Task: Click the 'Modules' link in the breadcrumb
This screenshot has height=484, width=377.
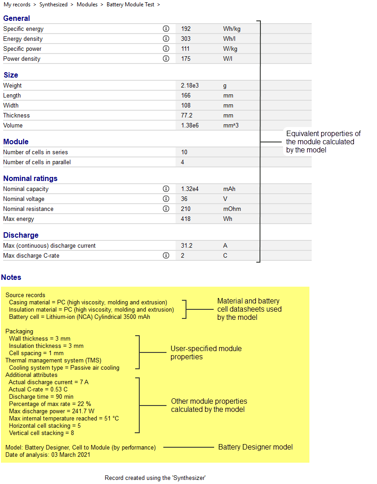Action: pos(87,5)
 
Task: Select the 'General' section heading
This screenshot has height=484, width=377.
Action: pos(16,19)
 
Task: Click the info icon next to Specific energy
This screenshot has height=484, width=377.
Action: pos(166,29)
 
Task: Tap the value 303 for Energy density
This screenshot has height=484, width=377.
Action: pos(186,39)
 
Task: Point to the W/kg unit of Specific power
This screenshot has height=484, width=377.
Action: pos(230,49)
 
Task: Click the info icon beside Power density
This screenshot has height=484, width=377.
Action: pos(166,59)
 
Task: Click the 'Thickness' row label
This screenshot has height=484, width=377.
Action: pos(16,115)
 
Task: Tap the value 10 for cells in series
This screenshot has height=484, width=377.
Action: pos(184,152)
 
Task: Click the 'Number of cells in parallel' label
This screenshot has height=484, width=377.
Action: pos(37,162)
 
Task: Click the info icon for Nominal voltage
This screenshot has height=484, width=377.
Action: pos(166,199)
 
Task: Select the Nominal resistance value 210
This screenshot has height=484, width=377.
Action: pos(186,209)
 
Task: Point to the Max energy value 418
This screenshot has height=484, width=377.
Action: pos(186,219)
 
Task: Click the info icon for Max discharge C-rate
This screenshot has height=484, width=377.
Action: pos(166,255)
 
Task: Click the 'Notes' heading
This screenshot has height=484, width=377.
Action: pos(11,277)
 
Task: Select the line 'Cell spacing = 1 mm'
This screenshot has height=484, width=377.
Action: pos(36,353)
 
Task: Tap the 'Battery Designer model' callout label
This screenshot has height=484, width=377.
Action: pos(255,447)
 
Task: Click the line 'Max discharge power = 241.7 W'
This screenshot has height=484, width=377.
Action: pos(52,411)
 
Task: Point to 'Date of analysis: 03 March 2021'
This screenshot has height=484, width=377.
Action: pos(48,455)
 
